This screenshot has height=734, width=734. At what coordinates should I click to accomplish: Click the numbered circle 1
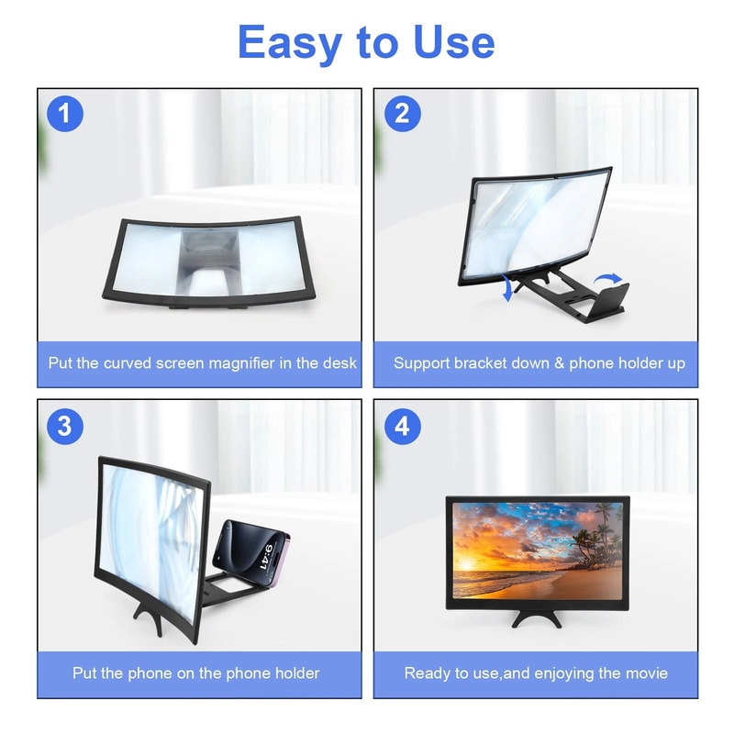65,114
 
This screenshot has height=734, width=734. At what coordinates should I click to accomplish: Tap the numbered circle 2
403,114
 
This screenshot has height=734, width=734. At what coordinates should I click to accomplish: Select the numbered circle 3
65,427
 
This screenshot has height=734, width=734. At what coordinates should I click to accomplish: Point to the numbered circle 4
403,427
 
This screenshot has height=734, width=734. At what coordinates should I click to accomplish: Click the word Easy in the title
289,44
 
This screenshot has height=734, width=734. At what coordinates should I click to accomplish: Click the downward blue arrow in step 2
507,289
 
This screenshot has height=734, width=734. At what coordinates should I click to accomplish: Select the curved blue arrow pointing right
607,279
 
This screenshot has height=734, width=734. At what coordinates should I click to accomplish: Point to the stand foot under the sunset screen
537,617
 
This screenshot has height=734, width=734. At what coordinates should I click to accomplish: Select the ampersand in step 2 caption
559,363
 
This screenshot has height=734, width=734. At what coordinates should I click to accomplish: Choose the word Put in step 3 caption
84,673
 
